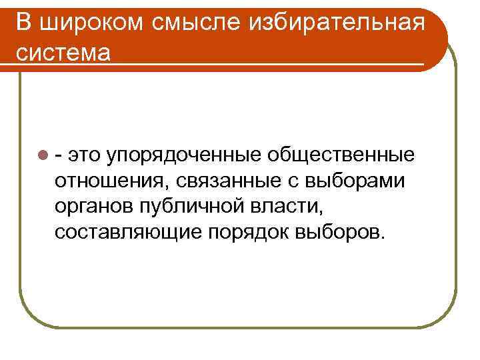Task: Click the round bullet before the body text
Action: (43, 156)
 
